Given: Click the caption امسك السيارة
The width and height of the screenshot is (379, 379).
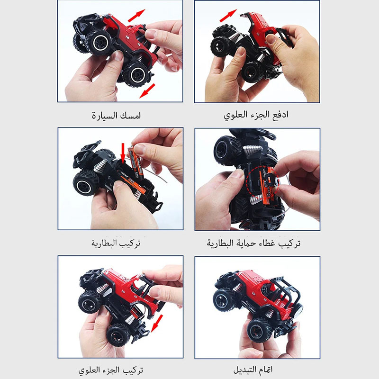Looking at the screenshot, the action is pyautogui.click(x=116, y=115).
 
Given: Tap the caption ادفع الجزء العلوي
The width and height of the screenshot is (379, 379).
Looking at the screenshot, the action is pyautogui.click(x=256, y=115).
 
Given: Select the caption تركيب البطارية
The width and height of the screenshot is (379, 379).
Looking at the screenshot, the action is pyautogui.click(x=116, y=243).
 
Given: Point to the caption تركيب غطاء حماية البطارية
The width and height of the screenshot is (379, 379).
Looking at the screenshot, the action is pyautogui.click(x=253, y=243).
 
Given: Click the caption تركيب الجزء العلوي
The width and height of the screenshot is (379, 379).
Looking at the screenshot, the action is pyautogui.click(x=111, y=370).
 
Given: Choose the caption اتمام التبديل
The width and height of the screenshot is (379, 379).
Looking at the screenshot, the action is pyautogui.click(x=253, y=370).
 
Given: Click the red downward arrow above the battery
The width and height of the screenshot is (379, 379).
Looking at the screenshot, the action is pyautogui.click(x=123, y=153).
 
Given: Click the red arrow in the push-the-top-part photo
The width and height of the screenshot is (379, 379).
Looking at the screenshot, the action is pyautogui.click(x=228, y=16).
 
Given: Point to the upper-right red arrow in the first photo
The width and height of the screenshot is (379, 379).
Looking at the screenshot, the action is pyautogui.click(x=136, y=16).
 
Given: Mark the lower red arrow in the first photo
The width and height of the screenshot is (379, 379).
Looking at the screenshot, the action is pyautogui.click(x=147, y=91).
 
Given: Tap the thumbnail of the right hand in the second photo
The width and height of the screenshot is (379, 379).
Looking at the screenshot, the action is pyautogui.click(x=270, y=39).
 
